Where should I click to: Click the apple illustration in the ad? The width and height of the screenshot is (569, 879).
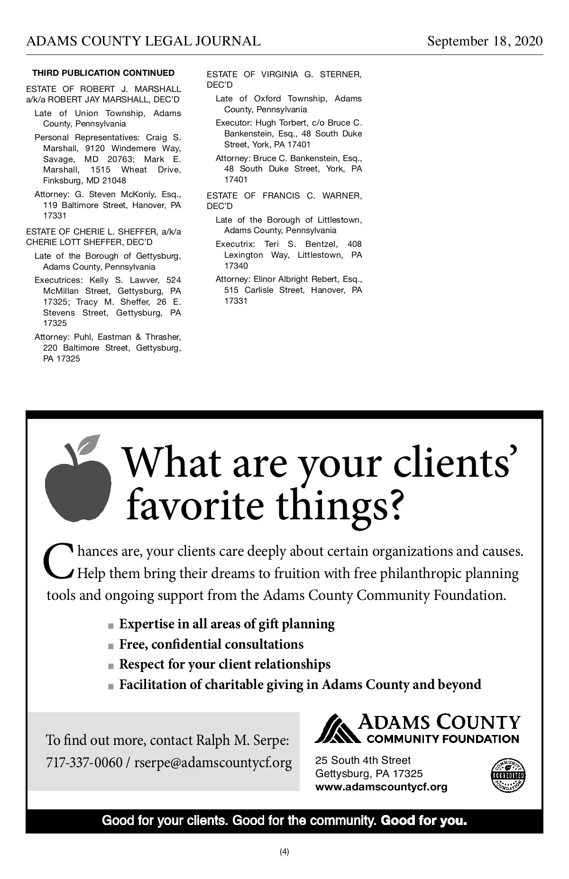point(77,488)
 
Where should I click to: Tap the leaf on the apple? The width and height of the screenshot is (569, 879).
point(90,444)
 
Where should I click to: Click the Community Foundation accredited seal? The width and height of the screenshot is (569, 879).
point(508,775)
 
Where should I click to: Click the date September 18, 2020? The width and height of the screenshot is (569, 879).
point(485,41)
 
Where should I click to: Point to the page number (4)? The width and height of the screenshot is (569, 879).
point(284,852)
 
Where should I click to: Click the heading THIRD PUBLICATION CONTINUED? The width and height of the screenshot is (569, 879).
point(103,73)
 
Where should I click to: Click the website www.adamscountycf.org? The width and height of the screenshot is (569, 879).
point(381,787)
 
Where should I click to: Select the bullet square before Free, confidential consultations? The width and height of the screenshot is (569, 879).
point(111,646)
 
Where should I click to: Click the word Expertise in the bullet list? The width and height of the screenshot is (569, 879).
point(147,624)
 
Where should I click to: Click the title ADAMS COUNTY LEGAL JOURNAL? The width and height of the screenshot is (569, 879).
point(143,41)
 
